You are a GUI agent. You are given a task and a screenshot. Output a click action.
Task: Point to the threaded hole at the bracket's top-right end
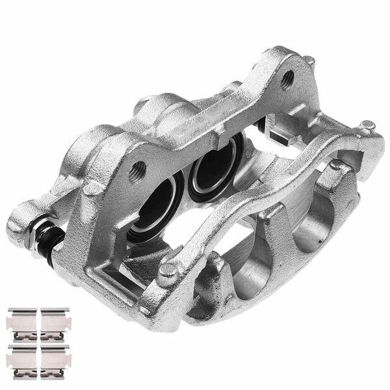point(287,79)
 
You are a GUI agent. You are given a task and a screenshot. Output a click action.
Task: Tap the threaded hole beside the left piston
point(137,172)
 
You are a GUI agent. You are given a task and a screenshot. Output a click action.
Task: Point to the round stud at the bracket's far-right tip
point(368,125)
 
